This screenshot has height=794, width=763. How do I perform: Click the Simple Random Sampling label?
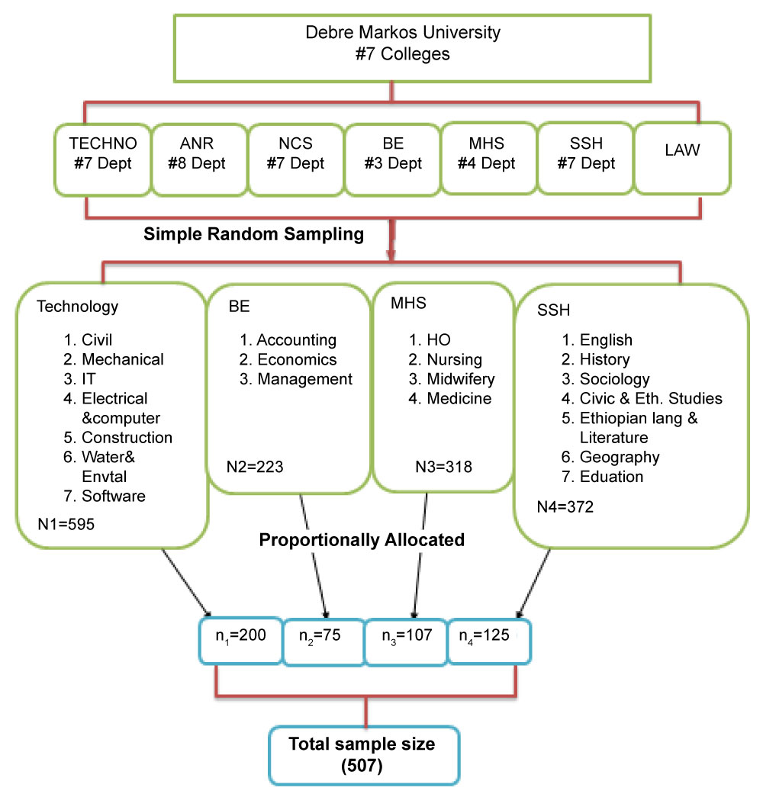point(254,234)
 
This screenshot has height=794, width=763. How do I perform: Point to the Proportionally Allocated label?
point(361,540)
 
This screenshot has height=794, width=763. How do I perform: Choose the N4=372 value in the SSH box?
point(565,506)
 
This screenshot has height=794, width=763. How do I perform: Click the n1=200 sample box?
point(240,635)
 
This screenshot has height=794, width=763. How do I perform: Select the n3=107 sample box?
point(402,637)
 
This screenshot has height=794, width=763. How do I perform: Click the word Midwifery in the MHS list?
point(460,379)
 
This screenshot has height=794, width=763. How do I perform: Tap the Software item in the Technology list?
point(113,497)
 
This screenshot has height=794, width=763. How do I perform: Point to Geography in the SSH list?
point(620,458)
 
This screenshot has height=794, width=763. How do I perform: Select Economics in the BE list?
point(296,359)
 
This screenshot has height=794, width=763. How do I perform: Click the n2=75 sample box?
point(320,637)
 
